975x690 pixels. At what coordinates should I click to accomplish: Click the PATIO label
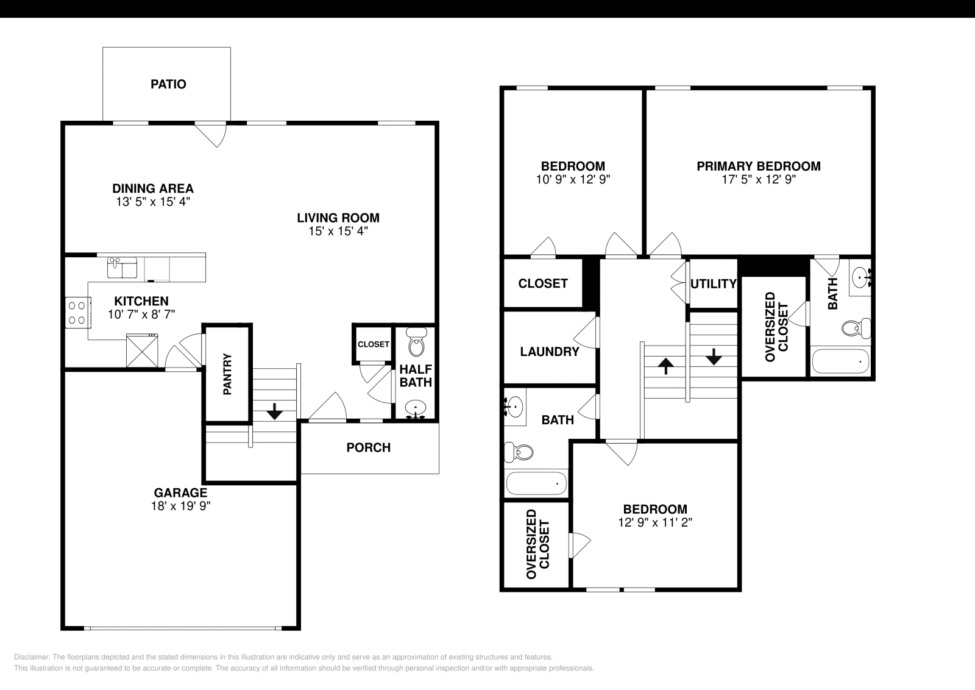pos(168,84)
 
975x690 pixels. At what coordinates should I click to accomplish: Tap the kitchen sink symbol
pos(122,268)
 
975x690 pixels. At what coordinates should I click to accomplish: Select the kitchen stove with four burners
pos(77,311)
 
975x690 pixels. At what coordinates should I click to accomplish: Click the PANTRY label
pos(227,374)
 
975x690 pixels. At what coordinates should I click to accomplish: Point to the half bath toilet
pos(417,343)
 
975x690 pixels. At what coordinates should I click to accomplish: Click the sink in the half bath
pos(416,407)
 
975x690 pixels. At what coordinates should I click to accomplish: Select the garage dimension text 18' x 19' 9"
pos(180,506)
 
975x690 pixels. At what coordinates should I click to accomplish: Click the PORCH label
pos(368,447)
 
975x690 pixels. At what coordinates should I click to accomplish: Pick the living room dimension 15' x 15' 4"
pos(338,232)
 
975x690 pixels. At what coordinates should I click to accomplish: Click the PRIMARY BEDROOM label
pos(758,166)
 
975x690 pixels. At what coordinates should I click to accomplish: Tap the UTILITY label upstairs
pos(713,283)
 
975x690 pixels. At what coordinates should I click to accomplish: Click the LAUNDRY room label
pos(549,352)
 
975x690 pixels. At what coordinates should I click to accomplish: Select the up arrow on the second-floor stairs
pos(666,366)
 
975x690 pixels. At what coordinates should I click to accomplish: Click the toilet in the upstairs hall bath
pos(519,452)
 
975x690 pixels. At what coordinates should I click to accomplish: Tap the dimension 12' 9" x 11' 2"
pos(654,522)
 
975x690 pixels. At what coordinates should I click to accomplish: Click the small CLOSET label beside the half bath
pos(373,344)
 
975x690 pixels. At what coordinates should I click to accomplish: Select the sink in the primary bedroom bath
pos(862,277)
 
